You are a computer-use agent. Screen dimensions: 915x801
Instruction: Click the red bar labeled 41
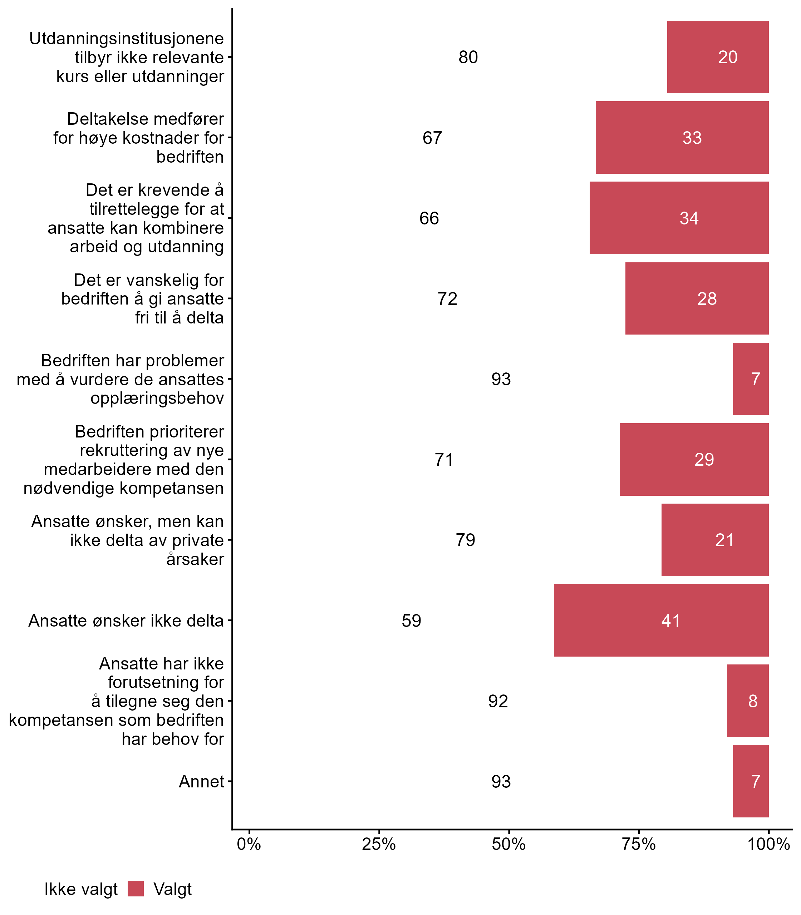point(661,620)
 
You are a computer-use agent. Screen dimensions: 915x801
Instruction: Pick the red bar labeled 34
point(679,218)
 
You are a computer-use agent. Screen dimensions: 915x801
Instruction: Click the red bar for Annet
point(751,781)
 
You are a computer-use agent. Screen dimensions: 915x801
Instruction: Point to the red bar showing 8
point(747,701)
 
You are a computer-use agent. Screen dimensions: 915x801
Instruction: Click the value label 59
point(411,620)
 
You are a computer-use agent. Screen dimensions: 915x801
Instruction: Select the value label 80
point(468,57)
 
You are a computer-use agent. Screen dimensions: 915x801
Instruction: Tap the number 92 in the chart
point(498,701)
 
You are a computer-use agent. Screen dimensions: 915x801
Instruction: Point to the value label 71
point(444,459)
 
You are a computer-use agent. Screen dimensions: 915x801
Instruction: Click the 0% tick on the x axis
point(249,844)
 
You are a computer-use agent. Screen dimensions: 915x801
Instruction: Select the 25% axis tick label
point(379,844)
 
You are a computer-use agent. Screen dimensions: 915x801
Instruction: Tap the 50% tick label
point(508,844)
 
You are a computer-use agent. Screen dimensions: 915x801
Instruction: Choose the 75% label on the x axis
point(639,844)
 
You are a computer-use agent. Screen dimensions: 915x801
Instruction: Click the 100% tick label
point(768,844)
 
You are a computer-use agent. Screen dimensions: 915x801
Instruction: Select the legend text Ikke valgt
point(81,889)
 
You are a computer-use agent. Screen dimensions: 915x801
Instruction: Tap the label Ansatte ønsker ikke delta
point(126,620)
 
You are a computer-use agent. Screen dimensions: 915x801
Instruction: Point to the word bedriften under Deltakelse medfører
point(190,157)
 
